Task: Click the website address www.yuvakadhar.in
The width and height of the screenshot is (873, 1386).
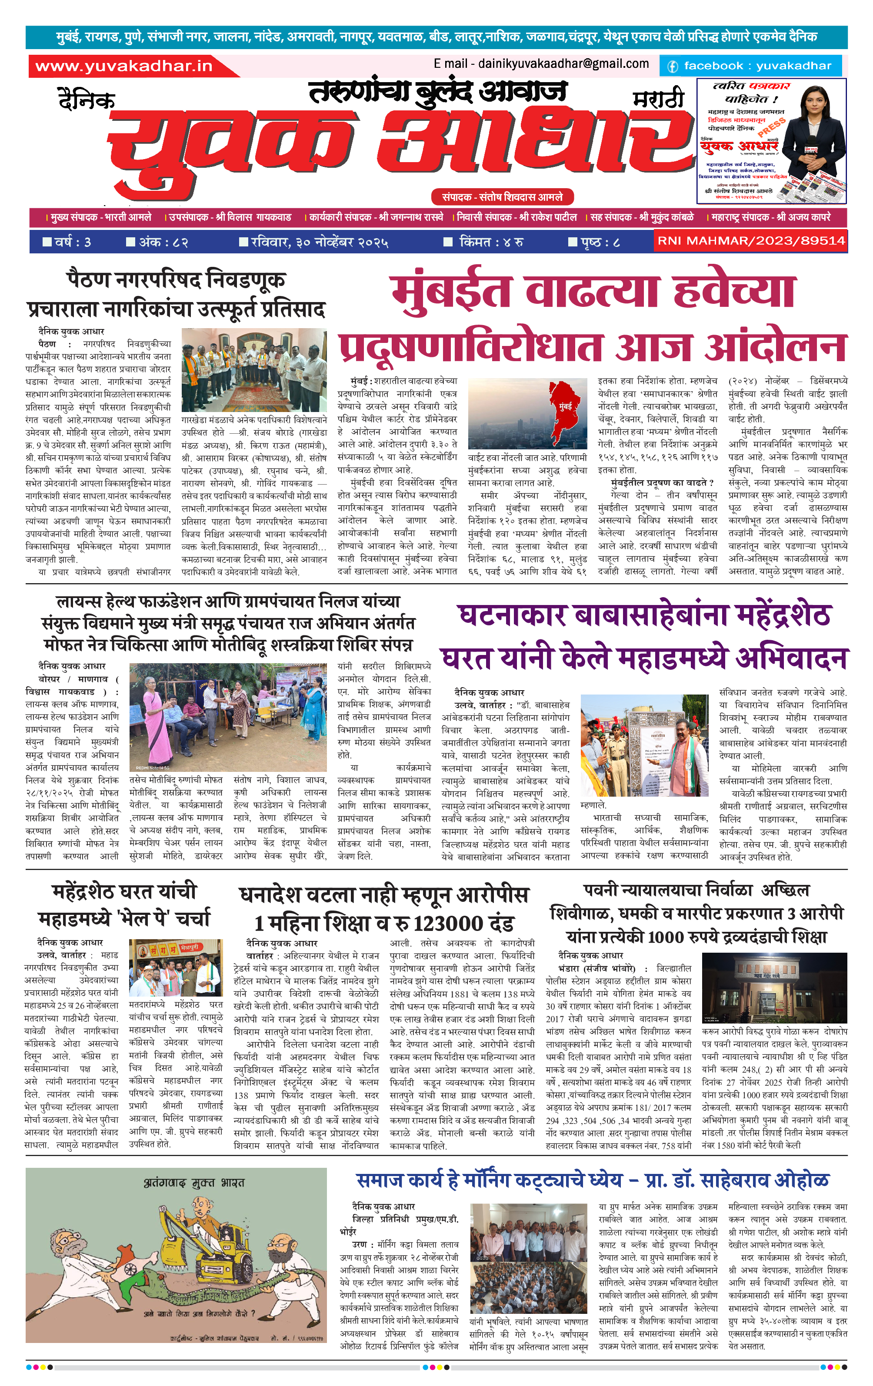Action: [124, 66]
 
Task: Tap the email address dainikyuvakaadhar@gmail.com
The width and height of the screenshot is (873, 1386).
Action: [541, 63]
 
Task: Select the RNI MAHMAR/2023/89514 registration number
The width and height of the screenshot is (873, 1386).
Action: [751, 241]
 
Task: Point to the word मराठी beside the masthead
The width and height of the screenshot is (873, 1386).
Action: [658, 99]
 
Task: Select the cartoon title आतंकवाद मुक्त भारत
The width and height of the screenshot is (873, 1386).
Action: [194, 1183]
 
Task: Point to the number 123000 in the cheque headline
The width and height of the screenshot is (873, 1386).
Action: [447, 923]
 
